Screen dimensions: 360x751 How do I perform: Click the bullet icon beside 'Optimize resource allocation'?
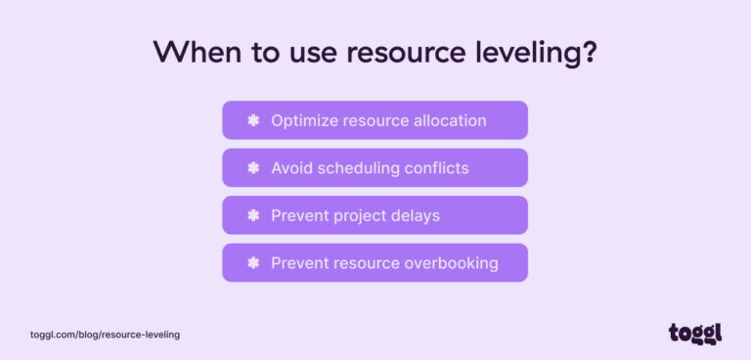253,120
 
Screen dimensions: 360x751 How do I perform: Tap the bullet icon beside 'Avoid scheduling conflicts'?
253,168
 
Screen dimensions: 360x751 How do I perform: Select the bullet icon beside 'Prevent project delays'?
253,215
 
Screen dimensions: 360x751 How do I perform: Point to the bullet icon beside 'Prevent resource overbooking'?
253,263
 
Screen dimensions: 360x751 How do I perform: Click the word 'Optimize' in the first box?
303,120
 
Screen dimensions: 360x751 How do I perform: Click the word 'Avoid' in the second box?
291,168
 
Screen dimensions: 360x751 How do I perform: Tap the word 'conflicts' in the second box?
436,168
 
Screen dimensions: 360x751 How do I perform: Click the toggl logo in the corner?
695,334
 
